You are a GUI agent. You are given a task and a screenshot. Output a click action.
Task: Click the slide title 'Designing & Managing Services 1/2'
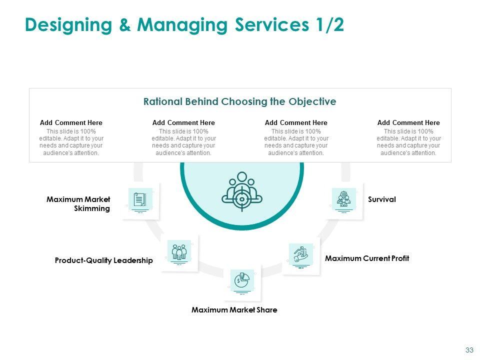click(x=184, y=25)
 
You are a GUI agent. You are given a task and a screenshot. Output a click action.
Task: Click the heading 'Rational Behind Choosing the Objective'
click(x=239, y=101)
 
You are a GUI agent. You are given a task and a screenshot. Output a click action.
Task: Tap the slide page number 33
click(x=469, y=350)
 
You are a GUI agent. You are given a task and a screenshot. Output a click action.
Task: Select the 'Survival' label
click(x=381, y=199)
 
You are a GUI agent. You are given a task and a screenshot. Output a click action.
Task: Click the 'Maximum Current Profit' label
click(x=366, y=258)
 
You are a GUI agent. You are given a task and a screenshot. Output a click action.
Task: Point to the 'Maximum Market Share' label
click(x=234, y=310)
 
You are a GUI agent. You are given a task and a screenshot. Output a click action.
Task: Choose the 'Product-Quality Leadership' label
click(x=103, y=260)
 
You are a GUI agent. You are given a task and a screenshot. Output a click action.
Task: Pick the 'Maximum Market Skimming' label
click(x=78, y=204)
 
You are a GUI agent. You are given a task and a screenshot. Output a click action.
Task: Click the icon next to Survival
click(x=343, y=199)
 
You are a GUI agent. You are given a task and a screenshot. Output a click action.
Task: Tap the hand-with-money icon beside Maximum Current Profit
click(x=300, y=255)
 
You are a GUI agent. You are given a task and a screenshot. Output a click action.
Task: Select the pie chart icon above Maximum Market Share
click(x=242, y=280)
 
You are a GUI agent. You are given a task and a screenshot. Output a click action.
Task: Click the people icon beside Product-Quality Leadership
click(x=178, y=251)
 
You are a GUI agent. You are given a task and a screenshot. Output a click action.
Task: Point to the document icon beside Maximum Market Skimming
click(x=140, y=199)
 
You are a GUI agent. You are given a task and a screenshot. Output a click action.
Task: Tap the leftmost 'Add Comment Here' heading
click(x=71, y=123)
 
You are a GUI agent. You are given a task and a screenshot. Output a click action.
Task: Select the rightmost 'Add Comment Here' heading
click(x=408, y=123)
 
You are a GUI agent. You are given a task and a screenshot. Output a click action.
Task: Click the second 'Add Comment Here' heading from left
click(x=183, y=123)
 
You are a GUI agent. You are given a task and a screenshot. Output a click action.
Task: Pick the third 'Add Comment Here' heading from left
click(x=296, y=123)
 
